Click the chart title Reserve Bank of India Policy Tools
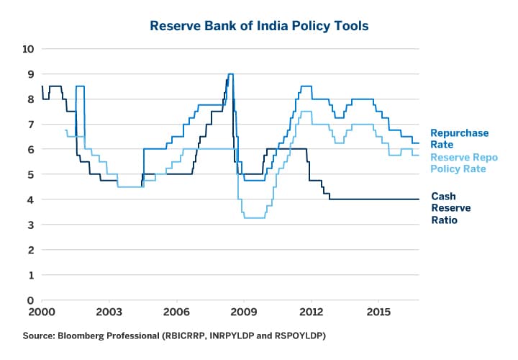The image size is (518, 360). point(259,26)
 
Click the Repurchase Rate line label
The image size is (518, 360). point(459,138)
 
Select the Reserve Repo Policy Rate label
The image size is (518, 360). point(464,163)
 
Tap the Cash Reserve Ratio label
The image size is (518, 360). point(444,208)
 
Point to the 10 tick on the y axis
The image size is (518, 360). point(29,49)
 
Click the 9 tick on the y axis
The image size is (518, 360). point(29,74)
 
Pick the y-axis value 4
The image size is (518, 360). point(29,199)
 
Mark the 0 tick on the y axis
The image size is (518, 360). point(29,300)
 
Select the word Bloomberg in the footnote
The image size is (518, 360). point(85,336)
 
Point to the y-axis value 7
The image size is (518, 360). point(29,125)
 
